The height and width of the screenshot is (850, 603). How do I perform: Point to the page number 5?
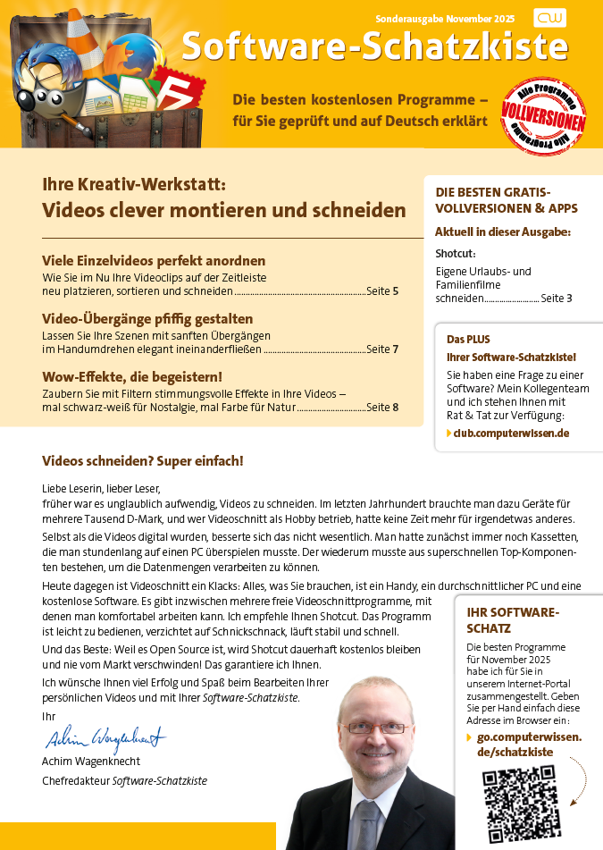pos(395,291)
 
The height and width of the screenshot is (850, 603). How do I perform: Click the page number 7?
pos(395,349)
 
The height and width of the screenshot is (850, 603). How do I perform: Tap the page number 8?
pos(395,408)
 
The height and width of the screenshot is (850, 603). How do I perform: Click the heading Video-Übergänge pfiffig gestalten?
pos(147,319)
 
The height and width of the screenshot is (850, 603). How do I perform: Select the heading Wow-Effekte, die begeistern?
pos(132,377)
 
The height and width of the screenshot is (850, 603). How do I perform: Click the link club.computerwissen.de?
pos(511,433)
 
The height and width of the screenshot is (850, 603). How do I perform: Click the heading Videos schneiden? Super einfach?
pos(142,461)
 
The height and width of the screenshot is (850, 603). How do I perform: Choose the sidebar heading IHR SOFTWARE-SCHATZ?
pos(513,620)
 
